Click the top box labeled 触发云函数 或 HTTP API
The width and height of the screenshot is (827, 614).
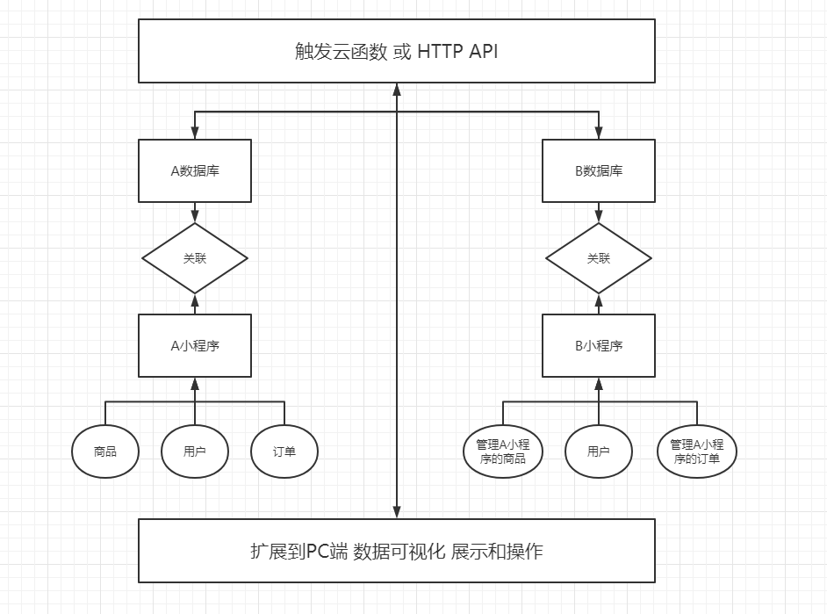tap(397, 51)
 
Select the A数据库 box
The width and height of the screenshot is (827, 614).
tap(195, 170)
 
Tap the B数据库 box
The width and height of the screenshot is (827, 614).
tap(599, 170)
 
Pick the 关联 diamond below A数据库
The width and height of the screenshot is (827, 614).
tap(195, 258)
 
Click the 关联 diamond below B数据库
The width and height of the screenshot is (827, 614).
tap(599, 258)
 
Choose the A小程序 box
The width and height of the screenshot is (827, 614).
tap(195, 345)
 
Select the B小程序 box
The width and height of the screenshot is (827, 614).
tap(599, 345)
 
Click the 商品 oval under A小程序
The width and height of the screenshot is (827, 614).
tap(105, 451)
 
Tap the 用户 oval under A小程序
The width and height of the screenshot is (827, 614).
tap(195, 451)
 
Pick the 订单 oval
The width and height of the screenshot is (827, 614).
tap(284, 451)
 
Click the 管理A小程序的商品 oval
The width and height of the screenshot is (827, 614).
tap(503, 451)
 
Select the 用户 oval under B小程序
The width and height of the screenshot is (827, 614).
tap(599, 451)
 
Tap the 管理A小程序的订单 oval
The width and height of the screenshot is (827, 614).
tap(697, 451)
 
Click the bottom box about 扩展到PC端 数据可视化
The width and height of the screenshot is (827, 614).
tap(397, 551)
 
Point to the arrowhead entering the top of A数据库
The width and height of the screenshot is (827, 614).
tap(195, 134)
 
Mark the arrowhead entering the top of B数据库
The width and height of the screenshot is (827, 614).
tap(599, 134)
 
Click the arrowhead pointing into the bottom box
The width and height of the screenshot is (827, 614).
tap(397, 512)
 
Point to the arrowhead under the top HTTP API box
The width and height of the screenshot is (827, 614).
tap(397, 90)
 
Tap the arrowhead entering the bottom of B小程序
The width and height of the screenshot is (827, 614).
tap(599, 383)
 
